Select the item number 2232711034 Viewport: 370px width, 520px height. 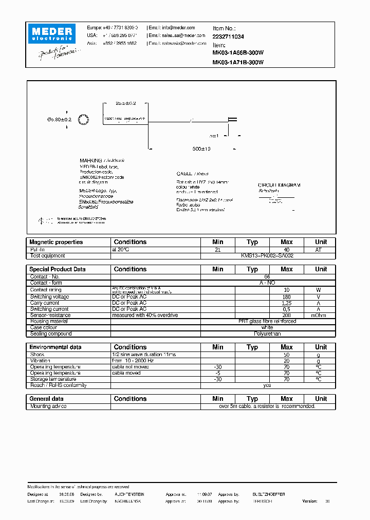pos(228,37)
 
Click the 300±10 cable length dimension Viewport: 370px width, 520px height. pos(201,148)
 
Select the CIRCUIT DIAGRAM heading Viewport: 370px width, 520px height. pos(279,185)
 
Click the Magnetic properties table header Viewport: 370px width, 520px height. pos(56,242)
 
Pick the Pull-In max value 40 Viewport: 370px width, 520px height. pos(287,249)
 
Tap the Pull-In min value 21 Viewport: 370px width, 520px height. pos(218,249)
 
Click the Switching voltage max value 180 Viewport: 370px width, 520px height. pos(287,297)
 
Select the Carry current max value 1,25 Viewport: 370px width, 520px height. pos(287,303)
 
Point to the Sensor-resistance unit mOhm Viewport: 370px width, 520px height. pos(321,315)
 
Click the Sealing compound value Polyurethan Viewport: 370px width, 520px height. pos(267,333)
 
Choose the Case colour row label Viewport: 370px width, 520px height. pos(44,327)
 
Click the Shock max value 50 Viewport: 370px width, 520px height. pos(287,355)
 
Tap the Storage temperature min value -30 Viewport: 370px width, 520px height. pos(218,379)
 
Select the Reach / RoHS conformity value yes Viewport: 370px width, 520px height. pos(267,385)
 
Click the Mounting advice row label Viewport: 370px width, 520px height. pos(48,406)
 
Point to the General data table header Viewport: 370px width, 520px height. pos(47,399)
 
